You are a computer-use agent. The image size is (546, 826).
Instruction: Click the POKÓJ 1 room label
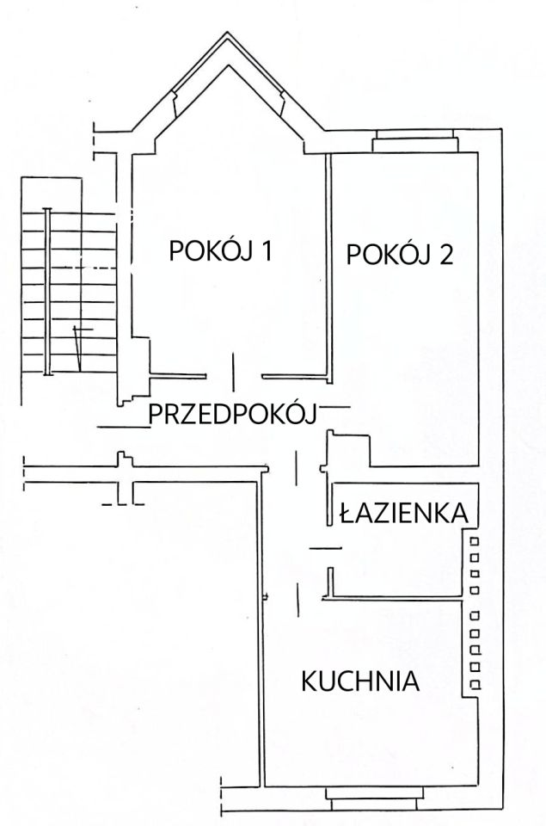tap(221, 251)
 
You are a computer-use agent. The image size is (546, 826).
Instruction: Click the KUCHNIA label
tap(360, 682)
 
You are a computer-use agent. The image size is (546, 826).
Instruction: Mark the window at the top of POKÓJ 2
tap(414, 141)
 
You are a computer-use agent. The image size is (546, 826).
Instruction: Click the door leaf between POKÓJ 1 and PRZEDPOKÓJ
tap(233, 371)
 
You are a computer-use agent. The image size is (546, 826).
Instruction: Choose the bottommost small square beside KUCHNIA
tap(474, 683)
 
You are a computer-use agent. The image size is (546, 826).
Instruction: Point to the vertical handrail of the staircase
tap(49, 293)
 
